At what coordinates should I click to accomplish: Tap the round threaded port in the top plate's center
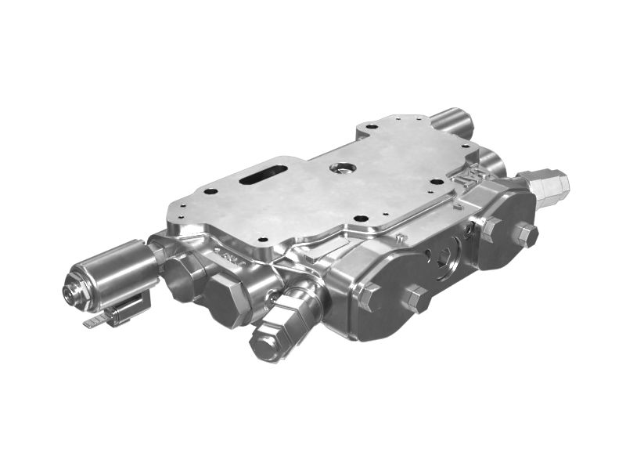pos(341,167)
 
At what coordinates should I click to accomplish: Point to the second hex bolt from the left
pos(416,298)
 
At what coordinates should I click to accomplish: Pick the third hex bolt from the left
pos(489,228)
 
